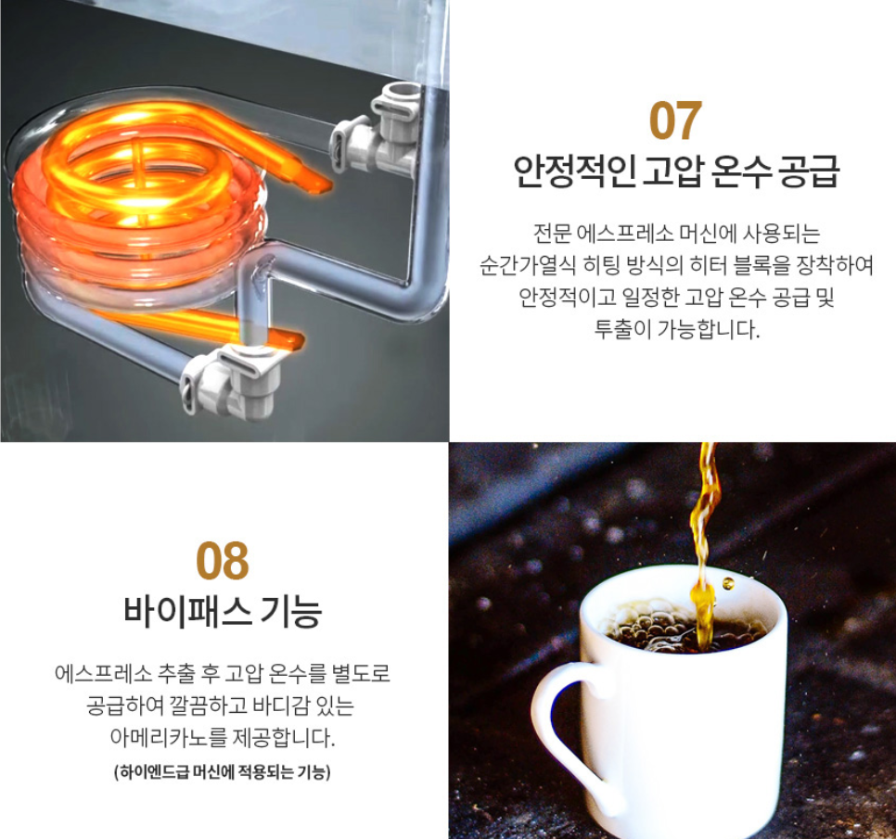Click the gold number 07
coord(675,121)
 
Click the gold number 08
coord(223,561)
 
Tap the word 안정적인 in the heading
coord(574,171)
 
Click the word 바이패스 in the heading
coord(187,611)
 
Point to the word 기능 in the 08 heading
coord(291,611)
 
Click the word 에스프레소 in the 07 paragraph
coord(624,233)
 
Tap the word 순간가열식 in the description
coord(527,265)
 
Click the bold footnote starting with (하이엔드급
coord(223,772)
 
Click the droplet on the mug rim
coord(728,584)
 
